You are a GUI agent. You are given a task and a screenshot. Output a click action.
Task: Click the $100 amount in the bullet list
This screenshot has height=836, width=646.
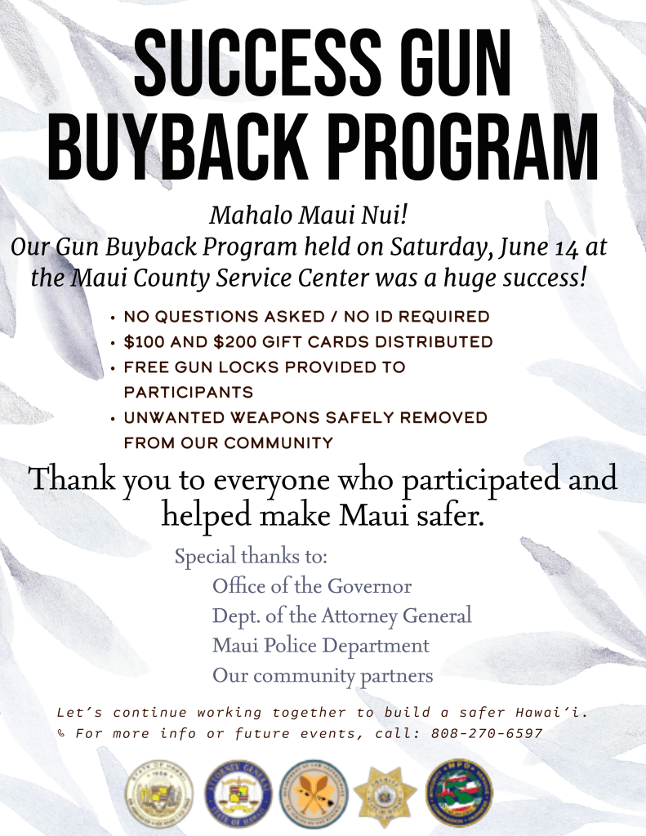(145, 341)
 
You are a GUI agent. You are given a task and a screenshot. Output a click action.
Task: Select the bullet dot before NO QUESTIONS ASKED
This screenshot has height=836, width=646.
(112, 317)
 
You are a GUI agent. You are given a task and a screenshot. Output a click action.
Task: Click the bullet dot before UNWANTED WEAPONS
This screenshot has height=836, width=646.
(112, 418)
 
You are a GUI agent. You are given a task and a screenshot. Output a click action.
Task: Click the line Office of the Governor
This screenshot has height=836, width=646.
(312, 586)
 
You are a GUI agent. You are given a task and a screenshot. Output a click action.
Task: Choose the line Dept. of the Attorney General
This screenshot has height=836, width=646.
(341, 616)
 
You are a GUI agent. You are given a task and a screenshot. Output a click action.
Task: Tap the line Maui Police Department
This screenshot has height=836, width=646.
(320, 646)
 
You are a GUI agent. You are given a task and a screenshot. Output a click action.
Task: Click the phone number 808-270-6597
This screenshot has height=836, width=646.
(487, 733)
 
